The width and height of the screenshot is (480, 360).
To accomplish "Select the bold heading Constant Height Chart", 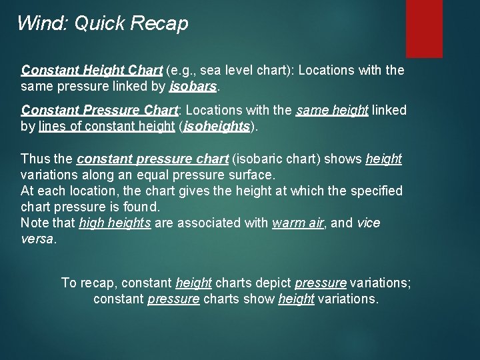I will click(92, 70).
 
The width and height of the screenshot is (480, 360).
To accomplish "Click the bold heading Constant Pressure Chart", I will click(99, 109).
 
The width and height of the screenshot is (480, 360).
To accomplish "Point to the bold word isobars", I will click(193, 87).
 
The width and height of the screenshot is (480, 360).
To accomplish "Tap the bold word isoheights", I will click(217, 126).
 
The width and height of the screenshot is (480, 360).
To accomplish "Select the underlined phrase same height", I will click(331, 109).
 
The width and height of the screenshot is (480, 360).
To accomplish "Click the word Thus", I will click(35, 159).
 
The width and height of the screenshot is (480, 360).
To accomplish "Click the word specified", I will click(377, 191).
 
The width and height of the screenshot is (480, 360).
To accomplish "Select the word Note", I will click(35, 223).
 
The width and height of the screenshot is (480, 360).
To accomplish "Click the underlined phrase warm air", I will click(298, 223).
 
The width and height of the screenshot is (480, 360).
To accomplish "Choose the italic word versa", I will click(37, 239).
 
